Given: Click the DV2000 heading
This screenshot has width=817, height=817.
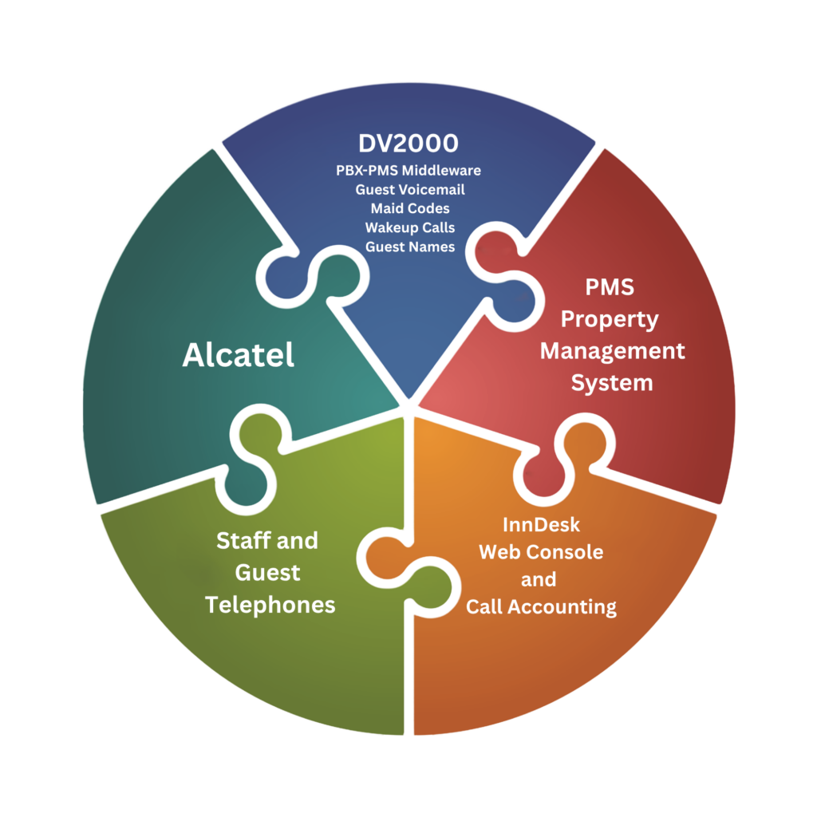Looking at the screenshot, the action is point(408,144).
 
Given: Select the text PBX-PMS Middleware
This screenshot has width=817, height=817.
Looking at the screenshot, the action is point(408,171).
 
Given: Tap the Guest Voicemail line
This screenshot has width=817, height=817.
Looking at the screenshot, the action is point(410,190).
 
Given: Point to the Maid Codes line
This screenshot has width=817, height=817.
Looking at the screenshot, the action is point(410,208).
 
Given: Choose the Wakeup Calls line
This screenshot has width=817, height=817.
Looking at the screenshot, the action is point(410,227).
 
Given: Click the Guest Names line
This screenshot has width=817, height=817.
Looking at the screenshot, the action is point(410,247).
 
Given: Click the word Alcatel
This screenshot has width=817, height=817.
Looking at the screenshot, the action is point(238,355).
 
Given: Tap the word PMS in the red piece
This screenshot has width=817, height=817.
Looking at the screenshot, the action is point(610,287).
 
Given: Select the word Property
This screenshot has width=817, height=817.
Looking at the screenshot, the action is point(610,319).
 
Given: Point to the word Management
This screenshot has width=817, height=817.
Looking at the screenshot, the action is point(612,351).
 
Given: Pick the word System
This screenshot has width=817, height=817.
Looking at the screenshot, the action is point(612,383).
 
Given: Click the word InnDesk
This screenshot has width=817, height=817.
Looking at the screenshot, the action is point(541,525).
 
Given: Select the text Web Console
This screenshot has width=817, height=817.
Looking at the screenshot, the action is point(541,552).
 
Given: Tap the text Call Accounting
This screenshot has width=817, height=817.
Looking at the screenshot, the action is point(541,607).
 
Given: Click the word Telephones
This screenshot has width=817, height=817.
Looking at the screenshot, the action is point(270,605).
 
